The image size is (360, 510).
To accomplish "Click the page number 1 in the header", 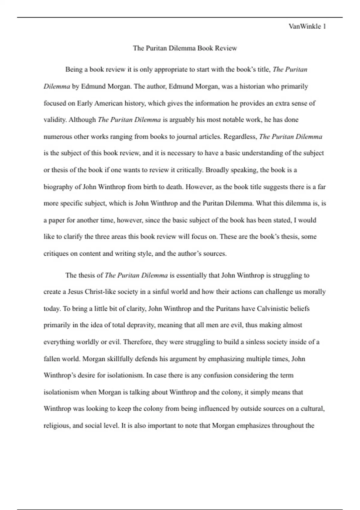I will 324,26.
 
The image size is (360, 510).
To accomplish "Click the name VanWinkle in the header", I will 305,26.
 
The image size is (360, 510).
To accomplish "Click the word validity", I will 55,120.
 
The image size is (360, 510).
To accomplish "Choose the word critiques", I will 56,253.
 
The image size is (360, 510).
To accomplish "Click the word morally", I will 314,292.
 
